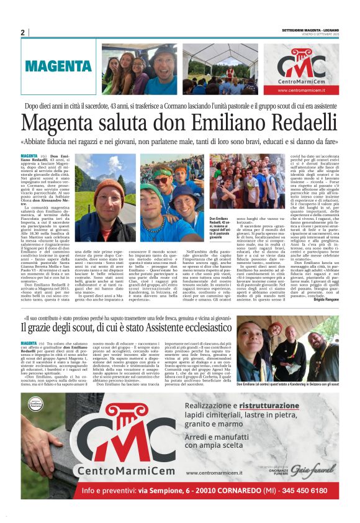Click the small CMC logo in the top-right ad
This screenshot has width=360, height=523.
(x=302, y=64)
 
